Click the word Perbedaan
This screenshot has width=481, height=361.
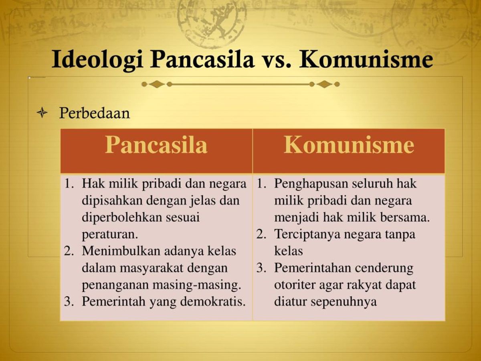coord(95,114)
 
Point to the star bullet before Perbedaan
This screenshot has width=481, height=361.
coord(42,114)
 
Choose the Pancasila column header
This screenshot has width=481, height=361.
coord(156,145)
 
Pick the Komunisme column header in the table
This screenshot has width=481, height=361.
coord(349,145)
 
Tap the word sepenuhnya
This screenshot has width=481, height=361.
coord(346,301)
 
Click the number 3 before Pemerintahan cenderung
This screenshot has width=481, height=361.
coord(261,268)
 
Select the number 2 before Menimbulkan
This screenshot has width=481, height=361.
coord(69,251)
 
